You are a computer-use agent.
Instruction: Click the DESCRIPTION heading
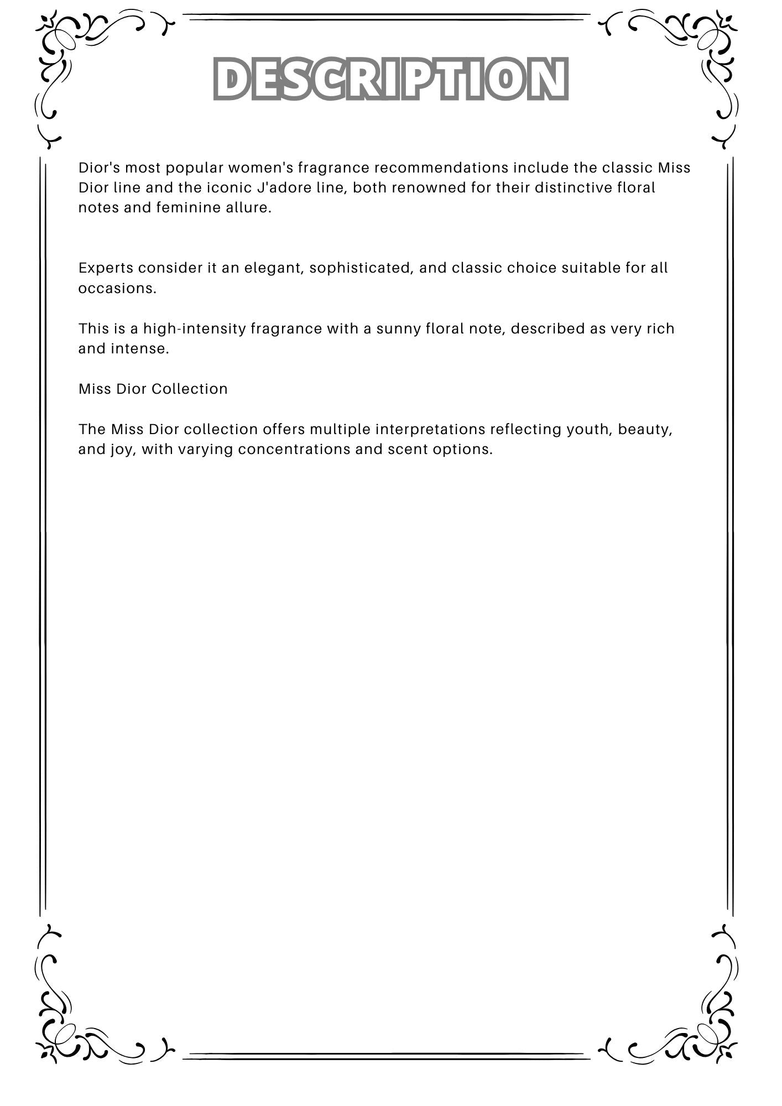click(391, 79)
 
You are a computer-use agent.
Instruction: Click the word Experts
click(106, 268)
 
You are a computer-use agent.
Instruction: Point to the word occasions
click(117, 288)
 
